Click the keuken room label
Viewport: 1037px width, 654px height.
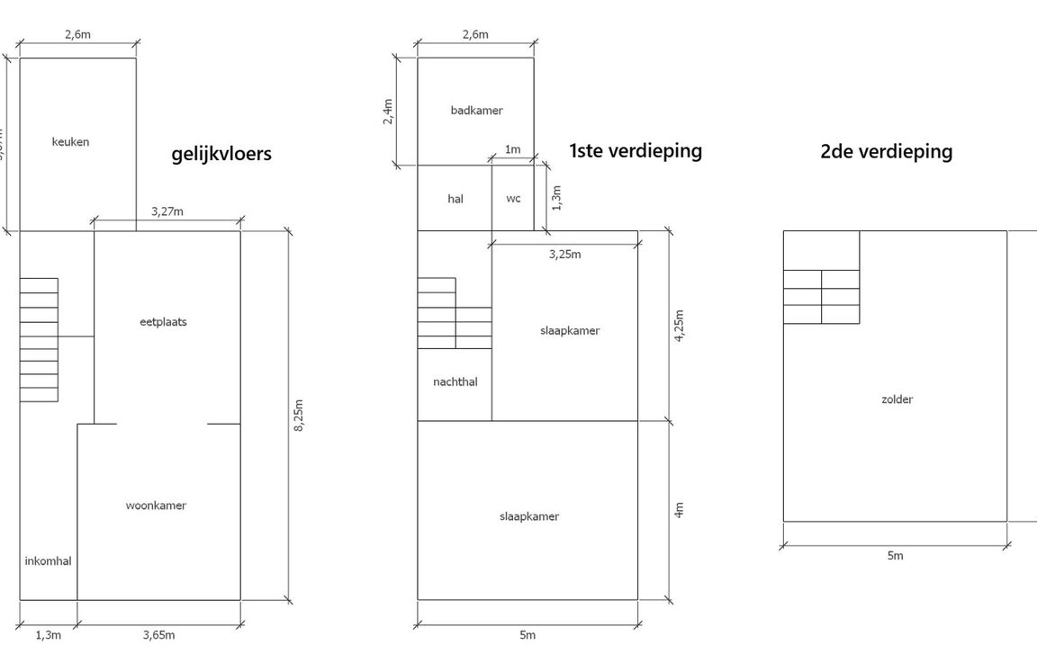click(70, 142)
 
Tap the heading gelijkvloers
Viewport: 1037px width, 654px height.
click(221, 154)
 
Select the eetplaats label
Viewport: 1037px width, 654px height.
click(164, 322)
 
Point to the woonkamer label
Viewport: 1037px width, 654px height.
click(156, 506)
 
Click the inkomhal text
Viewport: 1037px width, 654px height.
click(48, 560)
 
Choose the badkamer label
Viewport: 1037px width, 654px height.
click(476, 111)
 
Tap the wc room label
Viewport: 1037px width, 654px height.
click(513, 199)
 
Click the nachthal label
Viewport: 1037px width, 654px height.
click(455, 382)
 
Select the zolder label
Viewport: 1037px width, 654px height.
click(897, 399)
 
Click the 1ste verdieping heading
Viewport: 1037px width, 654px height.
click(636, 150)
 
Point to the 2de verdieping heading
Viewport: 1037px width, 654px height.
click(886, 151)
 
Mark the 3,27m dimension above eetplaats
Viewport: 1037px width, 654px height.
click(167, 211)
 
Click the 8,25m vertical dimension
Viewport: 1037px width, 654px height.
click(299, 416)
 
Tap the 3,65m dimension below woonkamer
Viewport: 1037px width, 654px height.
click(158, 635)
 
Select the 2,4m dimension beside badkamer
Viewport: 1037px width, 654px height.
click(388, 112)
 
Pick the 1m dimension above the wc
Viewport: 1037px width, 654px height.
click(512, 149)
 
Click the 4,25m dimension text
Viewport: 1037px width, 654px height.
click(680, 326)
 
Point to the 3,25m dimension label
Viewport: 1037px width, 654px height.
click(564, 255)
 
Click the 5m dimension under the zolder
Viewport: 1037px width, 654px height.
click(895, 556)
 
